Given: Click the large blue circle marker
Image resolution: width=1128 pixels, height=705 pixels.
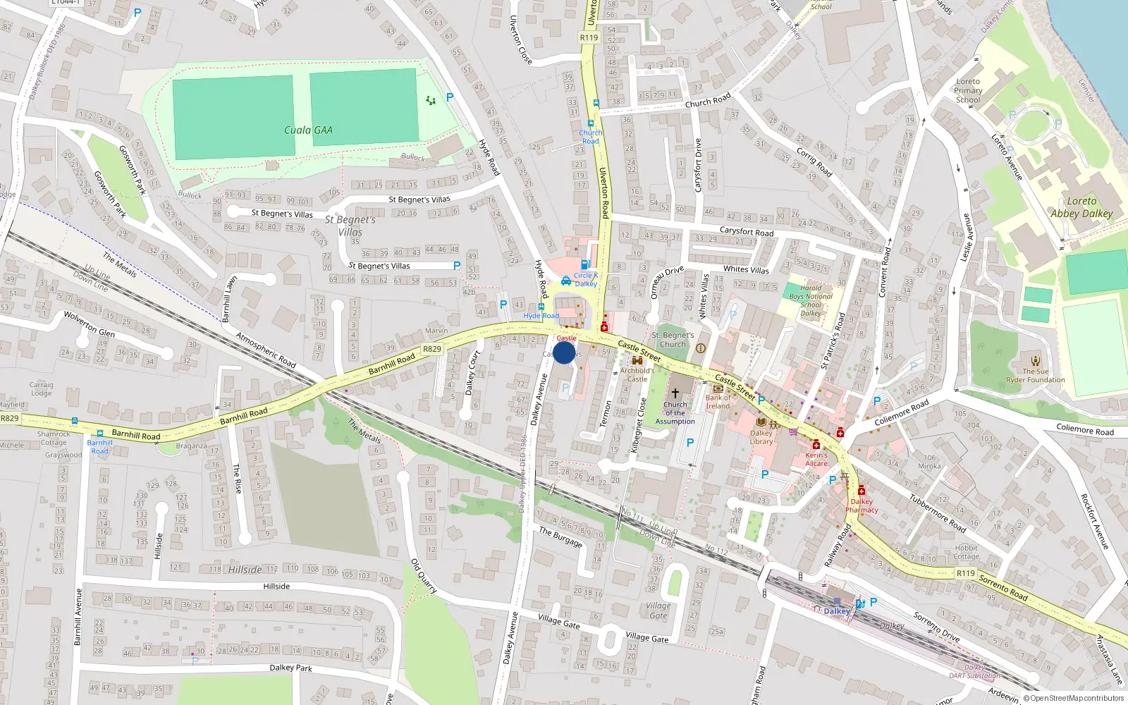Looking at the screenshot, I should [x=564, y=352].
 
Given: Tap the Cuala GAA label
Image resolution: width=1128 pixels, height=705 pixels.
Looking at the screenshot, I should [x=308, y=130].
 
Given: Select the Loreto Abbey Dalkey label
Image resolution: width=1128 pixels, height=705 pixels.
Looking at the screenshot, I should [x=1081, y=207].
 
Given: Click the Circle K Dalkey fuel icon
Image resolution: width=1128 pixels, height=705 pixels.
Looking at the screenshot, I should [x=585, y=264].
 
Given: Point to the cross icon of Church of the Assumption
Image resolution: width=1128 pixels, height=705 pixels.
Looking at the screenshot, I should [x=675, y=393].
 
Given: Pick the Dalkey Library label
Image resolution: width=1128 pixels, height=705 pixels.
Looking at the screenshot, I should [x=761, y=438].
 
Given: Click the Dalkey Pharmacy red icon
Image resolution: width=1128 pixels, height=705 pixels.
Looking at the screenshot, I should [x=862, y=491].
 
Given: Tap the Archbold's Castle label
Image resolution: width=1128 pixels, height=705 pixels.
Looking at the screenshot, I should [x=637, y=374].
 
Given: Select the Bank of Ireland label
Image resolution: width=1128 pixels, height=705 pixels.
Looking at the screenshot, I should [x=718, y=402].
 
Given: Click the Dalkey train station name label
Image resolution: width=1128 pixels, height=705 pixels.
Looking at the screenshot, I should [x=837, y=611].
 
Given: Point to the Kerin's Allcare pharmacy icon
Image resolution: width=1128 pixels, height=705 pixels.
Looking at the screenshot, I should [x=816, y=444].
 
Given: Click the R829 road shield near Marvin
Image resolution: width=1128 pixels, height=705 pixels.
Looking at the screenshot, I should [x=432, y=349].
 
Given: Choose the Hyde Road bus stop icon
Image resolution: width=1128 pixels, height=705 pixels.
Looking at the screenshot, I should [x=541, y=307].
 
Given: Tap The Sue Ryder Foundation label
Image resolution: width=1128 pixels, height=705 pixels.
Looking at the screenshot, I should [x=1036, y=376].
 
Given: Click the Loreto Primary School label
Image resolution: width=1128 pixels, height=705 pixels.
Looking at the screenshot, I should [x=968, y=91].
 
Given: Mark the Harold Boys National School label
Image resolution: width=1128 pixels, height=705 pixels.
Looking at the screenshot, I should [x=811, y=301].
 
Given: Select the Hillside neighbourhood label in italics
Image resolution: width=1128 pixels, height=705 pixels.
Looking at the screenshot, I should [x=245, y=570].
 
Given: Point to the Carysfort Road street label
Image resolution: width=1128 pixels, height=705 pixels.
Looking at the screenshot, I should [x=747, y=232].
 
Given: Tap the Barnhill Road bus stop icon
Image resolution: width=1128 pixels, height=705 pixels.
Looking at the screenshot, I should [x=99, y=434].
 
